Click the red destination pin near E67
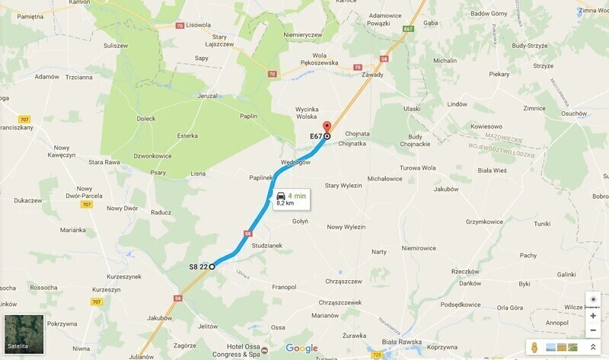coord(327,127)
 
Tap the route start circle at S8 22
coord(212,266)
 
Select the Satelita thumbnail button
coord(24,333)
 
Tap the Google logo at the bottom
coord(302,349)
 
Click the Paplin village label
coord(249,116)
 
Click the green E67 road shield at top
coord(409,29)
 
